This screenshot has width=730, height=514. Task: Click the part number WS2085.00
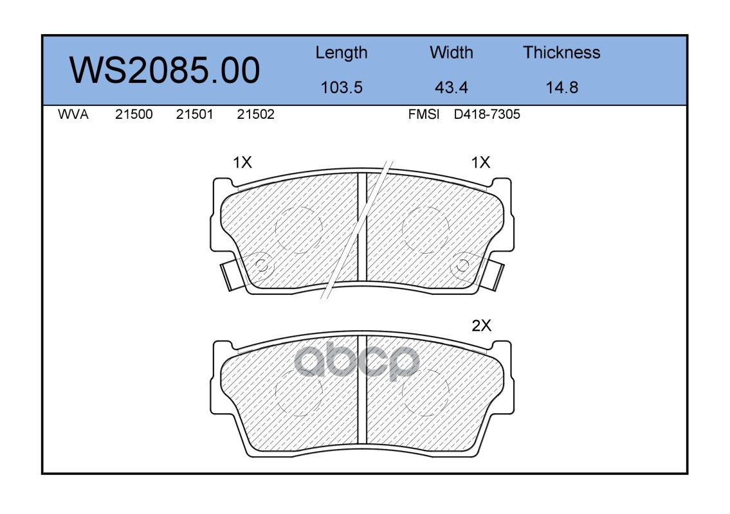[x=165, y=71]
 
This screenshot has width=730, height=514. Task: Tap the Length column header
[x=342, y=53]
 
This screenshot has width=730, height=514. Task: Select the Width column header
[x=451, y=53]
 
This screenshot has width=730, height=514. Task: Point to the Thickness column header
[x=561, y=53]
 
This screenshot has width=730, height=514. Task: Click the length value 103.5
[x=342, y=87]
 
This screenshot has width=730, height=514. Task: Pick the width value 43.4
[x=451, y=87]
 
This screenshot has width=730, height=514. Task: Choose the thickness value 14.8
[x=561, y=87]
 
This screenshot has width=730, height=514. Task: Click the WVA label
[x=73, y=114]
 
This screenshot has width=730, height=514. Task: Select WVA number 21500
[x=134, y=114]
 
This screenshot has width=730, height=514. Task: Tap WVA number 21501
[x=194, y=114]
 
